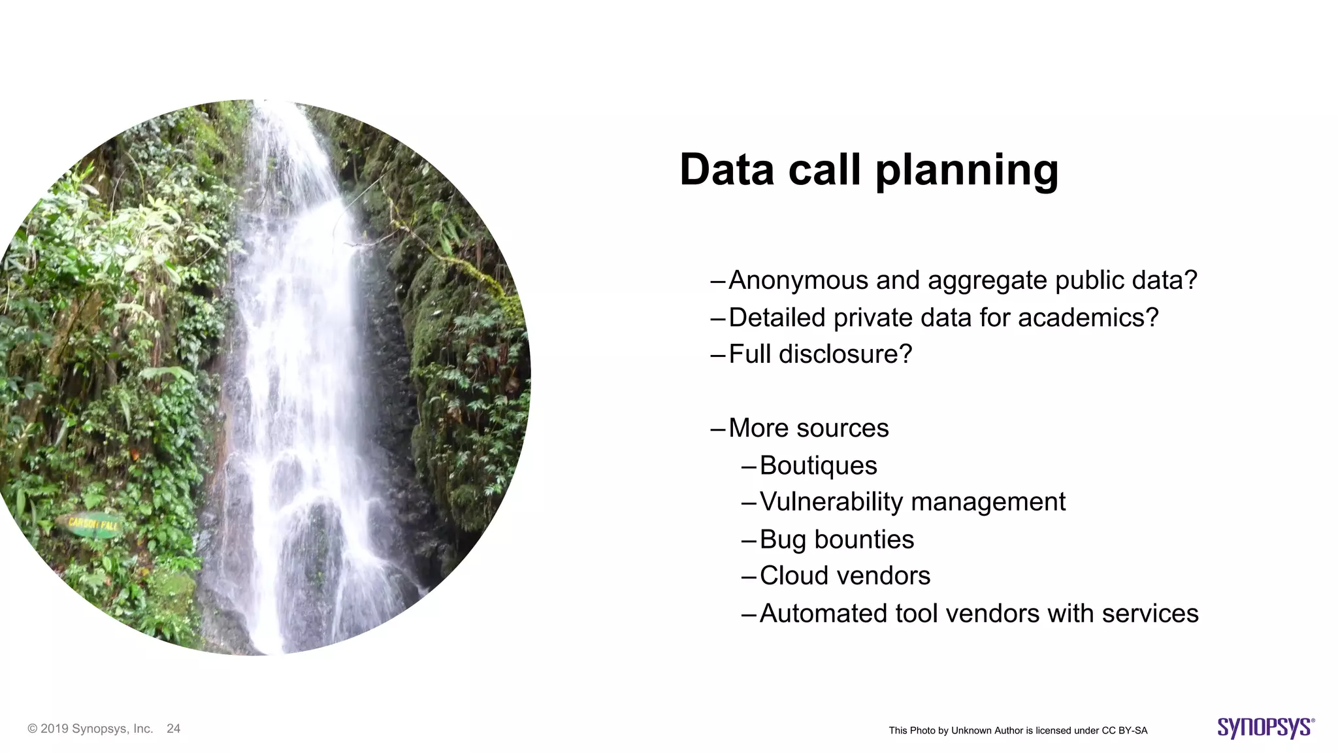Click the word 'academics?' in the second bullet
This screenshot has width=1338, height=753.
tap(1088, 318)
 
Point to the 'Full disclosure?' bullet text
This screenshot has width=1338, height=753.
tap(820, 354)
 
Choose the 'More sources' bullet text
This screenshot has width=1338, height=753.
tap(808, 428)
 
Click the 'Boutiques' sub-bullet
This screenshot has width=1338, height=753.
tap(818, 465)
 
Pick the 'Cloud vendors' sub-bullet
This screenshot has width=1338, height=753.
tap(845, 576)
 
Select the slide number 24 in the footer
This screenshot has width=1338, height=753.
tap(173, 729)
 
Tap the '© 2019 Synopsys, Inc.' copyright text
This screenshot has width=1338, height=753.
tap(90, 729)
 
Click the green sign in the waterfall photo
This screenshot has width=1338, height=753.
tap(92, 524)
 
